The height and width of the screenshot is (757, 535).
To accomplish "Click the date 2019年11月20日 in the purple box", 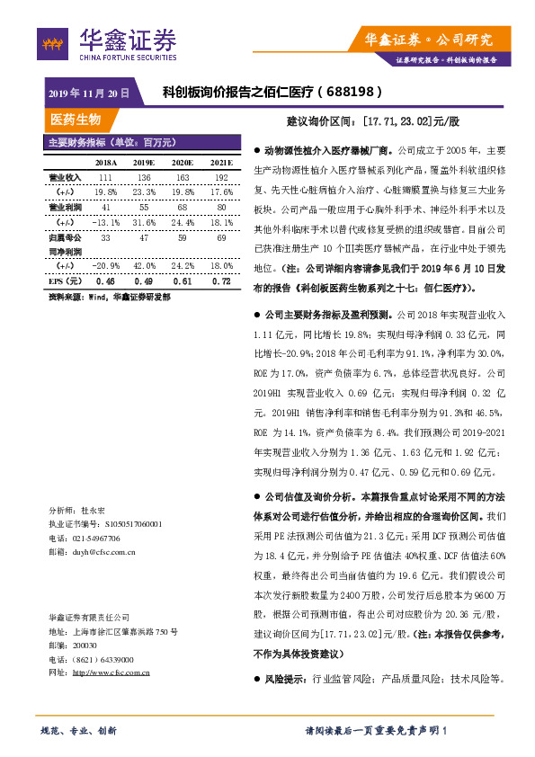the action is pyautogui.click(x=87, y=93).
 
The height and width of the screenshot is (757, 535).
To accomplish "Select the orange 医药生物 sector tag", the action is pyautogui.click(x=76, y=119).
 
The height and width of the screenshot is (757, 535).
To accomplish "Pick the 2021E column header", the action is pyautogui.click(x=221, y=163).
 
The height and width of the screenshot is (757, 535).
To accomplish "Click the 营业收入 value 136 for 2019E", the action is pyautogui.click(x=144, y=178).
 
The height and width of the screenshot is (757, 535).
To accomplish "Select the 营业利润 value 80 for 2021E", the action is pyautogui.click(x=221, y=207).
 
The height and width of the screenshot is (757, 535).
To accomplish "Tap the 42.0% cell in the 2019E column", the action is pyautogui.click(x=144, y=266).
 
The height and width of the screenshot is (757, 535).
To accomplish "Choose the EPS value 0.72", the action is pyautogui.click(x=221, y=281).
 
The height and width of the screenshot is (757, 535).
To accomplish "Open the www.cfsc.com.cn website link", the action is pyautogui.click(x=111, y=672).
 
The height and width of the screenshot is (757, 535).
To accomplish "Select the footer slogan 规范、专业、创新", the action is pyautogui.click(x=79, y=729).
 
